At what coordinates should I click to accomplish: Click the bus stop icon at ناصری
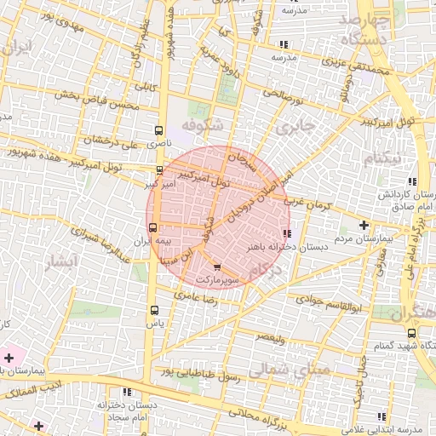pyautogui.click(x=158, y=130)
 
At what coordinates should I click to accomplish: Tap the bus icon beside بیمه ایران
pyautogui.click(x=153, y=227)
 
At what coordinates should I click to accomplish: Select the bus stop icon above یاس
pyautogui.click(x=154, y=310)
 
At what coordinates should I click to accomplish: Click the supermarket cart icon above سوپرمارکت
pyautogui.click(x=216, y=267)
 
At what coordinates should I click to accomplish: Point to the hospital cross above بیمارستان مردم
pyautogui.click(x=364, y=225)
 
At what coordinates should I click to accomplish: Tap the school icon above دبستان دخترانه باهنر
pyautogui.click(x=286, y=232)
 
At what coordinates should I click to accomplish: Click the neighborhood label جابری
pyautogui.click(x=295, y=126)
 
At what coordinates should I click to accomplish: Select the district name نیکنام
pyautogui.click(x=381, y=159)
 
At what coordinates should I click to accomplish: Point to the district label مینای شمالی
pyautogui.click(x=280, y=370)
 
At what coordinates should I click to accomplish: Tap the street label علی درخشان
pyautogui.click(x=113, y=139)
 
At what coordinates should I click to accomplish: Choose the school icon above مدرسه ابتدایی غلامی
pyautogui.click(x=381, y=416)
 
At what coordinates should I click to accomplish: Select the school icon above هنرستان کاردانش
pyautogui.click(x=413, y=181)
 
